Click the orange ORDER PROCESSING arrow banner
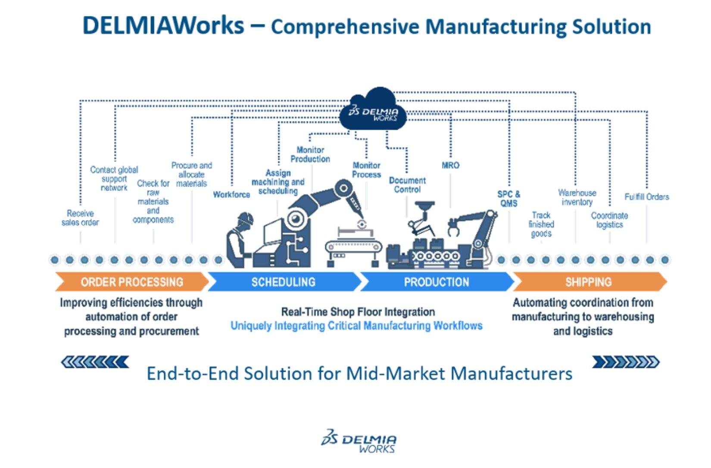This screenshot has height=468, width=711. pos(131,282)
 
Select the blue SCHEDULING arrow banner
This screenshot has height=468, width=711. pos(284,282)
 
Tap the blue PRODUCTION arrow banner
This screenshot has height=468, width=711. pos(436,282)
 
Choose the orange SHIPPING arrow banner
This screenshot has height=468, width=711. pos(589,282)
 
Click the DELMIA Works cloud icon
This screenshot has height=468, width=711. pos(373,111)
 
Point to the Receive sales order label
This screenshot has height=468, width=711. pos(80,218)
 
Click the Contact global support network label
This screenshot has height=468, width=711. pos(114,178)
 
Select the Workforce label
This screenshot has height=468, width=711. pos(231,194)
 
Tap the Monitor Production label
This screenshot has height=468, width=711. pos(310,154)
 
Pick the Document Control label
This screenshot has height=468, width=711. pos(407,185)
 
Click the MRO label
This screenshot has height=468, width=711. pos(450,165)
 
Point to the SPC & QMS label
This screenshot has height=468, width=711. pos(509,199)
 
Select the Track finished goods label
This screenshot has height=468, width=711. pos(541,224)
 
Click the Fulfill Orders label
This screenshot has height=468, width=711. pos(646,197)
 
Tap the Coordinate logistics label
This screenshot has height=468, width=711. pos(609,220)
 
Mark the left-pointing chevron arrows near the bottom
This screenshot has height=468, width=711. pos(95,362)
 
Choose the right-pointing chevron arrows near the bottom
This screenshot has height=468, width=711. pos(626,362)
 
